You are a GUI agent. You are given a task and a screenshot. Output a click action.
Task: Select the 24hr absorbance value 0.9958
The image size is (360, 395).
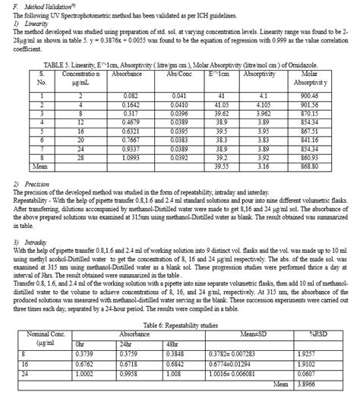coord(131,374)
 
